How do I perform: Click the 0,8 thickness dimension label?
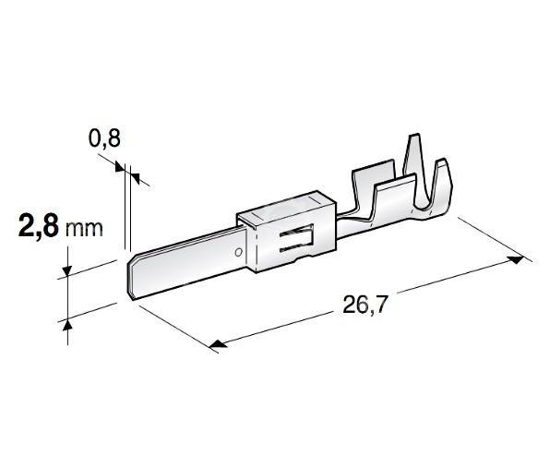(x=104, y=138)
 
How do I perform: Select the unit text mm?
(x=84, y=229)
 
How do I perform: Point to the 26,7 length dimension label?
(x=364, y=305)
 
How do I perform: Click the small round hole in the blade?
(x=239, y=252)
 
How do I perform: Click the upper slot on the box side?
(x=296, y=232)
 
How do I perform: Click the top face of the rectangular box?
(x=286, y=207)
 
